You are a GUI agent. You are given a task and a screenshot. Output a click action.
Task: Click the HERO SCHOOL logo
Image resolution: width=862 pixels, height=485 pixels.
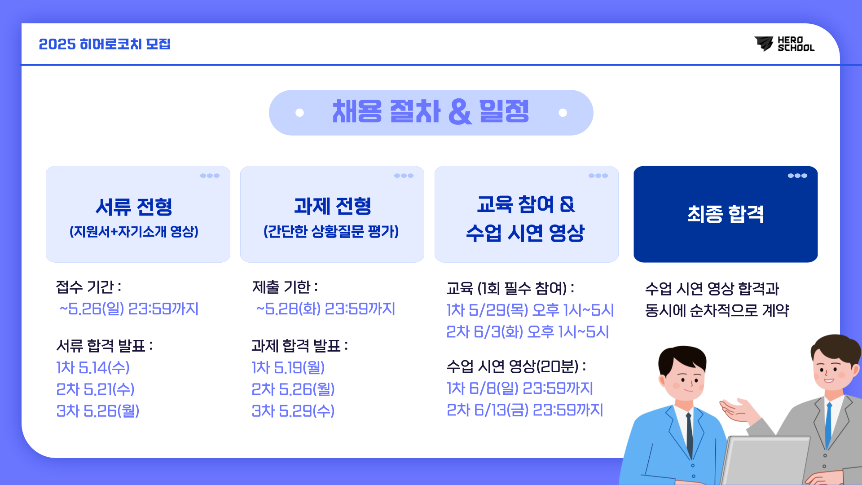coord(784,44)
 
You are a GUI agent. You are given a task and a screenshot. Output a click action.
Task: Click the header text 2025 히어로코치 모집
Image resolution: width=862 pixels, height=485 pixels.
coord(105,44)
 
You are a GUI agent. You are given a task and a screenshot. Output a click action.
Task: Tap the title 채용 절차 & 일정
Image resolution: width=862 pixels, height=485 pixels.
coord(431,111)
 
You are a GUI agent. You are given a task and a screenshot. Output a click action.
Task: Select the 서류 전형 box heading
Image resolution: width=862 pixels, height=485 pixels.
coord(134,207)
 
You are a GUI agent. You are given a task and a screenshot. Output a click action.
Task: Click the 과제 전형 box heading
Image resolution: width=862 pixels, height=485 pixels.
coord(332,206)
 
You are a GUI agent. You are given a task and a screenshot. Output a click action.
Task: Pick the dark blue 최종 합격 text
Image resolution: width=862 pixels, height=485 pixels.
coord(726,214)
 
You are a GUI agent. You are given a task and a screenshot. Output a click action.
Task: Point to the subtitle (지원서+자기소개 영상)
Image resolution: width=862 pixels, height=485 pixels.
coord(134,232)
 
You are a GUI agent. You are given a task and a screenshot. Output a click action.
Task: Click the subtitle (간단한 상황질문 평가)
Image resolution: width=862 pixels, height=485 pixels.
coord(331,232)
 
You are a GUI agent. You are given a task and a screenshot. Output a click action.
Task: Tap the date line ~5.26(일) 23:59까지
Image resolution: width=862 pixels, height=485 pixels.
coord(129,309)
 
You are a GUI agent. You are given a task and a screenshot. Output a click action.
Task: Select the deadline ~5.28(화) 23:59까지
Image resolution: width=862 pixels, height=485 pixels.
coord(325,309)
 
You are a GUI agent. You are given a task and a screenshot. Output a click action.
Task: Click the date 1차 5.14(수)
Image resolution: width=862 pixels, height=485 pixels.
coord(93,367)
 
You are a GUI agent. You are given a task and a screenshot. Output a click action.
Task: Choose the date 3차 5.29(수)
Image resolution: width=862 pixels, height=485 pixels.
coord(293,411)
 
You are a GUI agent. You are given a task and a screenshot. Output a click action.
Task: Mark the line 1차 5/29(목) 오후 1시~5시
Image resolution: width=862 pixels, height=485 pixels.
coord(530,310)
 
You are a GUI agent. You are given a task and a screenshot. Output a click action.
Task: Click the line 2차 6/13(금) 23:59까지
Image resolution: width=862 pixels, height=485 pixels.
coord(525,410)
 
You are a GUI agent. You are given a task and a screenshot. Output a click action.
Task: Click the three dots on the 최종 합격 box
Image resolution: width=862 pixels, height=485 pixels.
coord(797,176)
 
